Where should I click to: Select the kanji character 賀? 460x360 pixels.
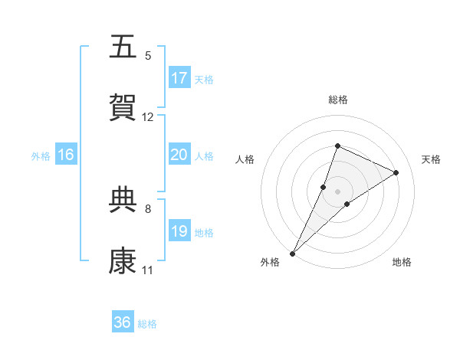tap(123, 107)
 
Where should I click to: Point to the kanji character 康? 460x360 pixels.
tap(123, 261)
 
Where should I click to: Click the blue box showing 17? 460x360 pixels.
tap(179, 78)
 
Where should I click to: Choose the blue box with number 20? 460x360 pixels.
tap(179, 155)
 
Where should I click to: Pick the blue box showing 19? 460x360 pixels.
tap(179, 231)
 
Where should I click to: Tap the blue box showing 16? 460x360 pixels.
tap(66, 155)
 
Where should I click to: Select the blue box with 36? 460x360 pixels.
tap(123, 322)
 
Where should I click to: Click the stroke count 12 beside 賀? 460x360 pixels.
tap(148, 117)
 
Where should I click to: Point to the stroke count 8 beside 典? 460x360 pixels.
tap(148, 208)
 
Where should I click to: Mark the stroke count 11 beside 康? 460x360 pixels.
tap(148, 270)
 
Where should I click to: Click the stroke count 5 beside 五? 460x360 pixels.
tap(148, 55)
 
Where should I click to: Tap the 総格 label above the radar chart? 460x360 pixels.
tap(337, 100)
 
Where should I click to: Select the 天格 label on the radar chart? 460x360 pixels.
tap(431, 159)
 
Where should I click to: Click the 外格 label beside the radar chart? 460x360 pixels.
tap(270, 262)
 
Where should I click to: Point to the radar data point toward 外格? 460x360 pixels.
tap(293, 253)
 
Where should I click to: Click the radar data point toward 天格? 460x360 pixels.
tap(396, 172)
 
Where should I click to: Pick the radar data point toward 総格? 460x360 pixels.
tap(337, 146)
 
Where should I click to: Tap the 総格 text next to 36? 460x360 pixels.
tap(147, 324)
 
